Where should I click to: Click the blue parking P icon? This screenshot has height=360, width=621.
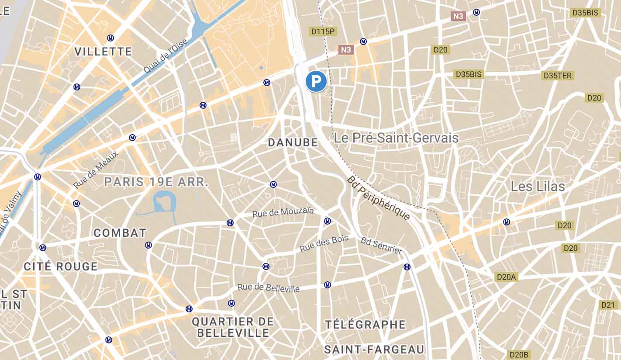pyautogui.click(x=316, y=81)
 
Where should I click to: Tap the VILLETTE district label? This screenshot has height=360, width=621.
pyautogui.click(x=103, y=52)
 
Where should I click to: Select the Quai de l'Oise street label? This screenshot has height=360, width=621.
pyautogui.click(x=166, y=56)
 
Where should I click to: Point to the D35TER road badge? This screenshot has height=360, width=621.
pyautogui.click(x=557, y=76)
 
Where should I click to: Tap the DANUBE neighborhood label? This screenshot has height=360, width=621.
pyautogui.click(x=293, y=142)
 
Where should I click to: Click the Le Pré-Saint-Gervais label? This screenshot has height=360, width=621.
pyautogui.click(x=396, y=138)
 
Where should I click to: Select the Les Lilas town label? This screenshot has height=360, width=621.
pyautogui.click(x=538, y=187)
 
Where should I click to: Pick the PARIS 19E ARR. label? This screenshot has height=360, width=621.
pyautogui.click(x=156, y=182)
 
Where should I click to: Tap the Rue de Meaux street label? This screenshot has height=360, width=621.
pyautogui.click(x=96, y=170)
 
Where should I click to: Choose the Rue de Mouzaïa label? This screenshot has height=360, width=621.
pyautogui.click(x=283, y=213)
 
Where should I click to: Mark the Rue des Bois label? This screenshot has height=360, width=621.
pyautogui.click(x=324, y=243)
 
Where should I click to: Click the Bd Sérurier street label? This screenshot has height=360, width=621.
pyautogui.click(x=381, y=245)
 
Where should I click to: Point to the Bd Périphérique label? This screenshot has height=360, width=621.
pyautogui.click(x=379, y=198)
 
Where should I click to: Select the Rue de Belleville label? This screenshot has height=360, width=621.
pyautogui.click(x=269, y=288)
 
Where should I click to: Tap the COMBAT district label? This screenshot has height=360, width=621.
pyautogui.click(x=120, y=233)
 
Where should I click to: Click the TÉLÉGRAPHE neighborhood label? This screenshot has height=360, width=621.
pyautogui.click(x=365, y=325)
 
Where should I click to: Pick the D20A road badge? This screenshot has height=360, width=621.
pyautogui.click(x=506, y=277)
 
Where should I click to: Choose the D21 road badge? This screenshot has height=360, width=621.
pyautogui.click(x=607, y=305)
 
